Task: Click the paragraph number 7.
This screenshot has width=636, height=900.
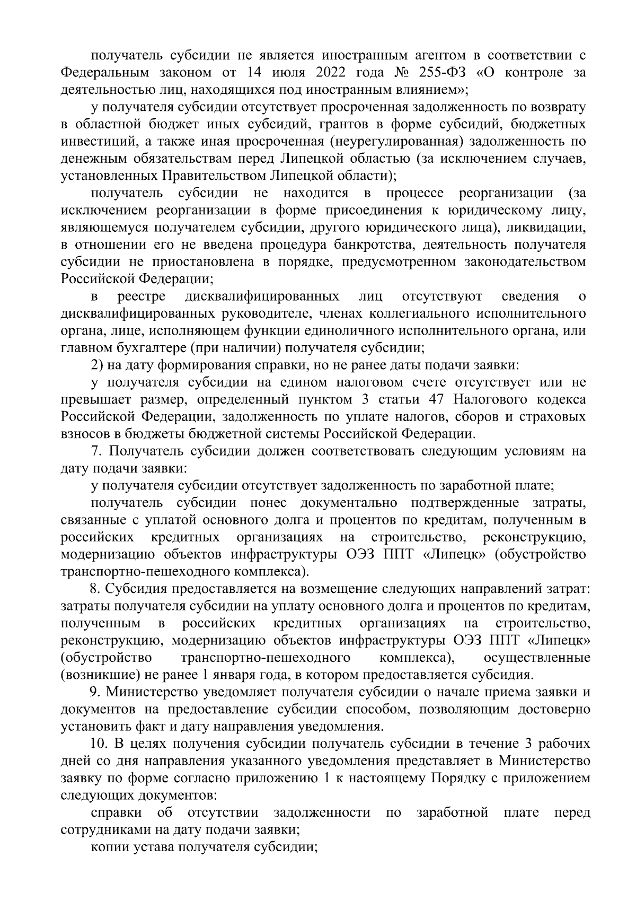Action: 95,451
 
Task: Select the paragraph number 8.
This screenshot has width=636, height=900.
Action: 95,589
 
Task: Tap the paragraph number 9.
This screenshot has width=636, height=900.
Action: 95,692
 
